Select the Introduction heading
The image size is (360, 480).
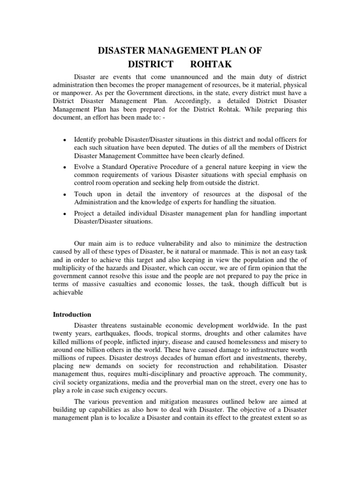tap(72, 314)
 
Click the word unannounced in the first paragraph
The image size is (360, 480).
tap(185, 77)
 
